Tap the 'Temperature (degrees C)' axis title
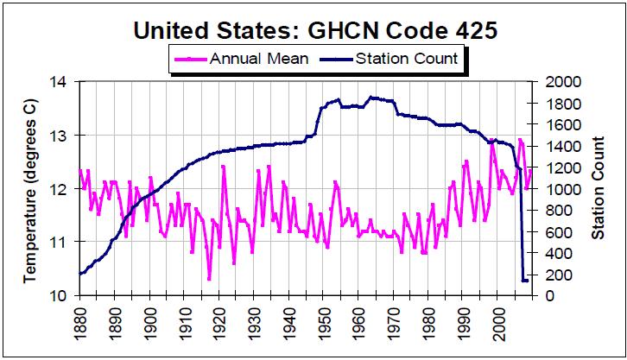tap(29, 188)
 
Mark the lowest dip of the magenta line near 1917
tap(209, 279)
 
